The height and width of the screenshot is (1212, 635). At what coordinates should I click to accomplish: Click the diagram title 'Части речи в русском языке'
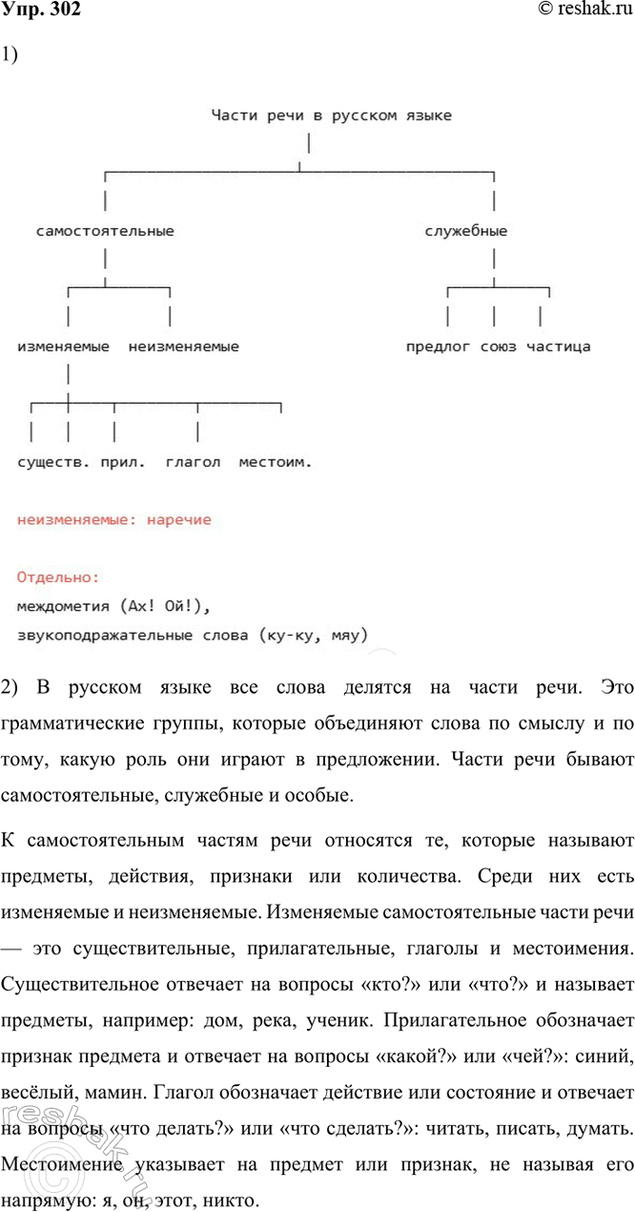331,116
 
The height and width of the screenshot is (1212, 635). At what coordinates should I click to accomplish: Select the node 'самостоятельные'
105,231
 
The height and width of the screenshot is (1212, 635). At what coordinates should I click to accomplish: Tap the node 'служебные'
465,231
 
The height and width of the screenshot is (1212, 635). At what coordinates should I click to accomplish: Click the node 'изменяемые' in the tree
63,346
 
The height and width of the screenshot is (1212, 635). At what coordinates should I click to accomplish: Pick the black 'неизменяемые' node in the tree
183,346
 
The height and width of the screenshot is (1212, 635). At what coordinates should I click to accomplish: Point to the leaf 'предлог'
438,346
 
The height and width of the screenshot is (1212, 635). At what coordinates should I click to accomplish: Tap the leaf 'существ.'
53,462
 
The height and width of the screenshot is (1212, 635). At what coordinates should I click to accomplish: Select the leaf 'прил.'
123,462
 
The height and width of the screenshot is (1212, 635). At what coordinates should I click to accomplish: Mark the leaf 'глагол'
193,462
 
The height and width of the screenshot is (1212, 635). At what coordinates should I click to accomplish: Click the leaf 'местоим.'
275,462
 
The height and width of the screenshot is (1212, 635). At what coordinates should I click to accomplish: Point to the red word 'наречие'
179,520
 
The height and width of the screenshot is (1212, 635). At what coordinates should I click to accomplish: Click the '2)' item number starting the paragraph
10,686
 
